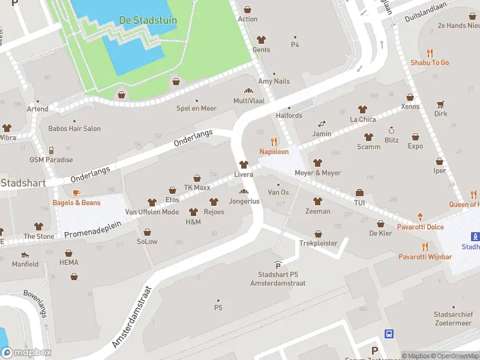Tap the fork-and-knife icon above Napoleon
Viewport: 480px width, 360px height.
tap(274, 142)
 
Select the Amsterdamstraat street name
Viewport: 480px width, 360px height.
tap(133, 316)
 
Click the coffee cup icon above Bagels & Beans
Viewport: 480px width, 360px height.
tap(76, 193)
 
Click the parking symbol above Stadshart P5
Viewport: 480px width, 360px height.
tap(278, 265)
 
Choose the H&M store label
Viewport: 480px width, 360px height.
tap(193, 221)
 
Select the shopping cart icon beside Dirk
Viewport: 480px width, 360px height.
tap(441, 103)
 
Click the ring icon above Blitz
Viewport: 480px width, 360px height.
tap(391, 130)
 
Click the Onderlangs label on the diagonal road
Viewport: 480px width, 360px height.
tap(193, 139)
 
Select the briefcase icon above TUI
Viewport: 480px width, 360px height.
tap(359, 193)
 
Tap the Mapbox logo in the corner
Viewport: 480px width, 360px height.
tap(26, 352)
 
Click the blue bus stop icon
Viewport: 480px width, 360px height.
tap(389, 334)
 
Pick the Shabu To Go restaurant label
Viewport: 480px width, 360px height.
tap(430, 62)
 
